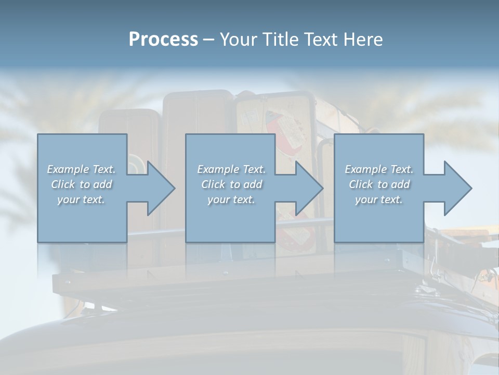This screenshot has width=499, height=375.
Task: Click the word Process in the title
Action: pos(163,40)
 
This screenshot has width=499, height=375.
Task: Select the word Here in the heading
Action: pos(363,40)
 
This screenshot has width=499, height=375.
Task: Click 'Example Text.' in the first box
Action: pos(82,169)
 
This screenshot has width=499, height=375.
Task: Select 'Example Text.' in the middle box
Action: pos(231,169)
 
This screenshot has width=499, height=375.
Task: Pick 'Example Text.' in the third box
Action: pos(379,169)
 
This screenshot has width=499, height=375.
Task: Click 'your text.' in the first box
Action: pos(81,199)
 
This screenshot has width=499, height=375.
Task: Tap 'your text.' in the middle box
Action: pos(231,199)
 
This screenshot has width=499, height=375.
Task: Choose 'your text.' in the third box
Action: pos(378,199)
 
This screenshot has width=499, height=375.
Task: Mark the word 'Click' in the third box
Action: pos(361,184)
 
